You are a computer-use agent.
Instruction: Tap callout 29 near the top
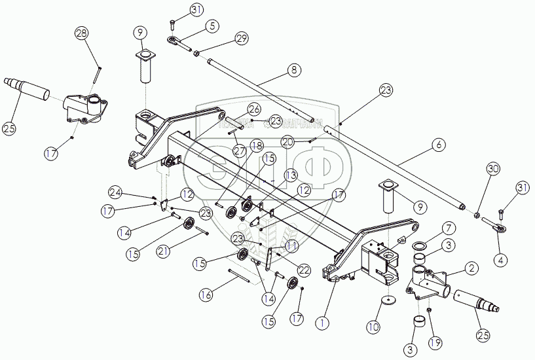tap(242, 39)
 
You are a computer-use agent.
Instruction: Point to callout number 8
tap(293, 69)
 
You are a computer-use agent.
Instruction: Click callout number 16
tap(206, 295)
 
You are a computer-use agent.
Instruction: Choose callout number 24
tap(116, 192)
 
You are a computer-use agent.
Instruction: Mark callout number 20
tap(287, 140)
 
